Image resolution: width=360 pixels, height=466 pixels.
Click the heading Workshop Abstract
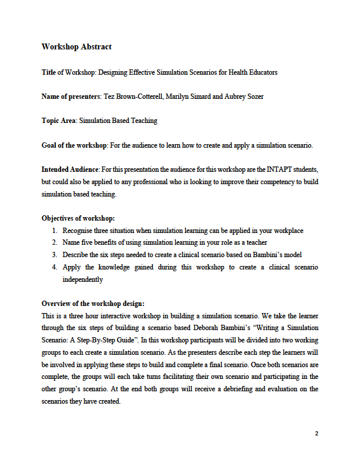(x=76, y=47)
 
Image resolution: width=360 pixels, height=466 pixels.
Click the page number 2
(x=316, y=434)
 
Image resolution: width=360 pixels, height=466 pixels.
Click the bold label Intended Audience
(x=70, y=169)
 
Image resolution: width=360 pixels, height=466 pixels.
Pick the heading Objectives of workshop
(x=78, y=218)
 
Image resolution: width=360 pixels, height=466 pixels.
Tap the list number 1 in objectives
(x=55, y=231)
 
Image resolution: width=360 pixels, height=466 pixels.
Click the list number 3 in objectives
(x=55, y=255)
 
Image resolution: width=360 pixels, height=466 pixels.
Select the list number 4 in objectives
(x=55, y=267)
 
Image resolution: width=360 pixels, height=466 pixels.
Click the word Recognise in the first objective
(x=78, y=231)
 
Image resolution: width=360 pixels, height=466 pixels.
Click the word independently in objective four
(x=82, y=279)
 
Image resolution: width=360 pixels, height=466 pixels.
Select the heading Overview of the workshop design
(x=92, y=304)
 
